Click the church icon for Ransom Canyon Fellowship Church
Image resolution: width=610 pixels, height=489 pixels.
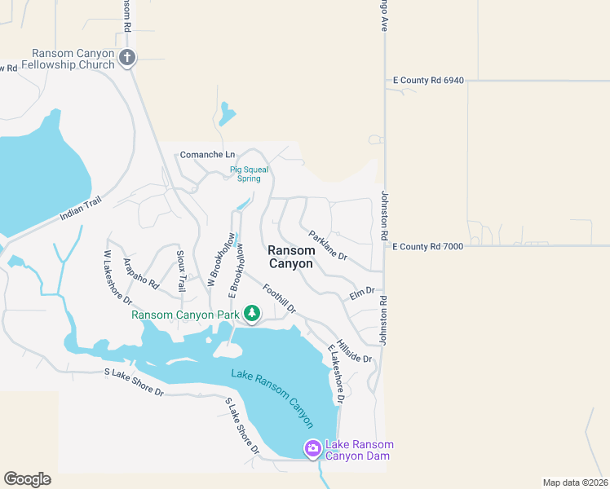point(126,57)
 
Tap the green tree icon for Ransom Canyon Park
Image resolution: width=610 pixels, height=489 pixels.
point(252,314)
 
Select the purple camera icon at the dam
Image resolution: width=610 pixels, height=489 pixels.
point(312,448)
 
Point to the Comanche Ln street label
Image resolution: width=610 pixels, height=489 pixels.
point(207,155)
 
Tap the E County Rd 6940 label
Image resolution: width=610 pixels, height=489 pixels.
point(428,81)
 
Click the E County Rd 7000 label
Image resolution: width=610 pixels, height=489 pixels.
point(428,246)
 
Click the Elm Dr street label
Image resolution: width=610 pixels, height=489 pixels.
point(361,292)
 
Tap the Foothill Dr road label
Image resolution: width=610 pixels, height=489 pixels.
point(278,298)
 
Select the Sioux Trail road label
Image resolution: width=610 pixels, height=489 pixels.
point(182,271)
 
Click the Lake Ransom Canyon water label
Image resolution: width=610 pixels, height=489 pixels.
point(272,397)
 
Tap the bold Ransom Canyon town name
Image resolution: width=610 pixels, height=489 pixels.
point(291,258)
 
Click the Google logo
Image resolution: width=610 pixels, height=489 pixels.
point(27,479)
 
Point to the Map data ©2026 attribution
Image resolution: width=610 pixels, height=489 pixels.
point(575,482)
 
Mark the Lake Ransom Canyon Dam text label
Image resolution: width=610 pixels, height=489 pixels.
point(359,450)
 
